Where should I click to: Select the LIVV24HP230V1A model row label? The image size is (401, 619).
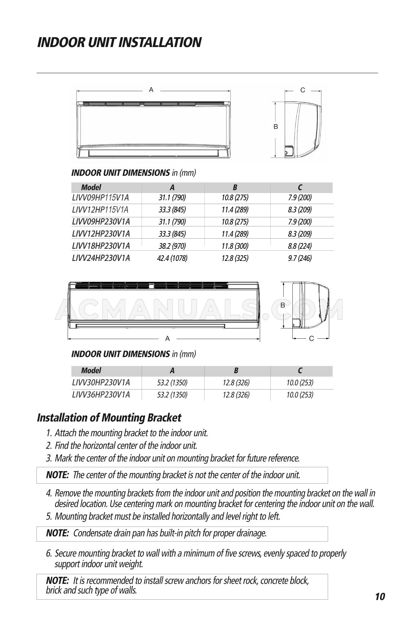101,258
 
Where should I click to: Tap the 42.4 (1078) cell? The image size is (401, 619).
172,259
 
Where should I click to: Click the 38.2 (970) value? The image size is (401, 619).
172,246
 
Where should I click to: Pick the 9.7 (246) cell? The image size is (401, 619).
300,259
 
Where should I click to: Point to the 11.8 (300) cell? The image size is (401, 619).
235,246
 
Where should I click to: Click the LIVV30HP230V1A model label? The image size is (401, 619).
101,382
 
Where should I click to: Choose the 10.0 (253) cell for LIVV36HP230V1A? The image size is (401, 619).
300,395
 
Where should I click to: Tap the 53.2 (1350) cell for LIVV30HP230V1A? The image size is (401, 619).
172,382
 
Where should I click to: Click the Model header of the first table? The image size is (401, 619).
91,187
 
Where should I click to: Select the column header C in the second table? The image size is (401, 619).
300,371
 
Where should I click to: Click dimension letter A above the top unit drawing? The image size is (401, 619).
151,90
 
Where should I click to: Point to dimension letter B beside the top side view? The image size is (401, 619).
276,127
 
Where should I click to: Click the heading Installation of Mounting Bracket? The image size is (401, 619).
109,418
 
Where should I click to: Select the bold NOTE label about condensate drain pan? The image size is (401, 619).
57,533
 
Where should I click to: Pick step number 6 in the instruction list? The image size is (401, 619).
49,553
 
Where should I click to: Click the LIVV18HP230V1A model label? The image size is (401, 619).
101,246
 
